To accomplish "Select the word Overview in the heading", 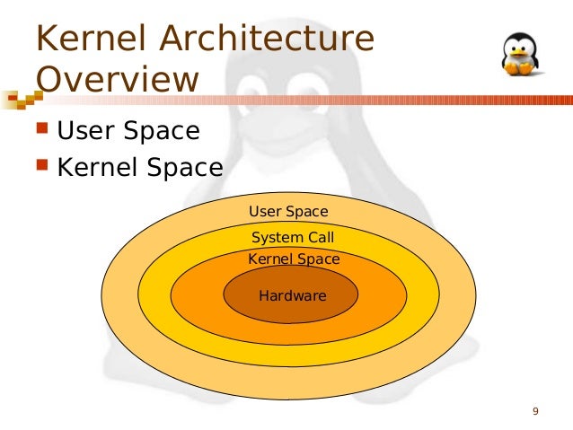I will click(x=116, y=79).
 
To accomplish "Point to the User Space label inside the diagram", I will click(x=288, y=212).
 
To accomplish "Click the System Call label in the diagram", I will click(x=293, y=238).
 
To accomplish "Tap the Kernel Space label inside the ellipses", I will click(x=294, y=259).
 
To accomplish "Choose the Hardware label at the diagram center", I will click(x=292, y=295).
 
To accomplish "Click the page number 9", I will click(x=535, y=412).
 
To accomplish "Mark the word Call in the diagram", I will click(x=320, y=238).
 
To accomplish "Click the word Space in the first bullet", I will click(x=162, y=132).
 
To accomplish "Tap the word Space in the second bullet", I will click(x=185, y=167).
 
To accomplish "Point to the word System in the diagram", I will click(x=277, y=238).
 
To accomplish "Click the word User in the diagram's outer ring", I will click(x=265, y=212).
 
